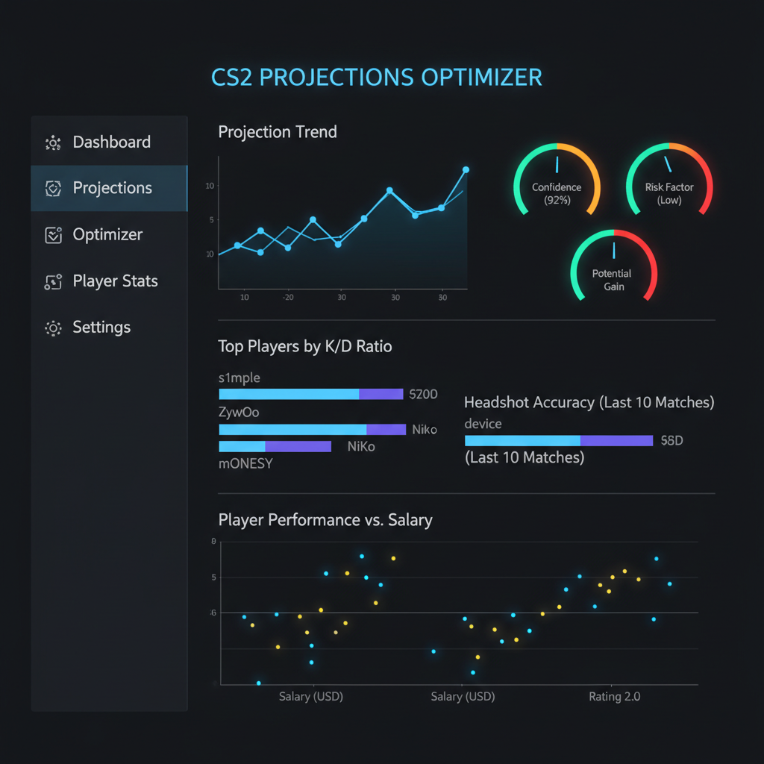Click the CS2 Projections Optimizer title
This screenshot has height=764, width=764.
tap(376, 78)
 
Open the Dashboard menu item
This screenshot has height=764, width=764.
tap(111, 142)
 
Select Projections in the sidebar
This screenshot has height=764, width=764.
tap(112, 188)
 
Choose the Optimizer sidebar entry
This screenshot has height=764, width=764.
tap(107, 234)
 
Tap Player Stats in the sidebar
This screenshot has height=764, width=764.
tap(115, 281)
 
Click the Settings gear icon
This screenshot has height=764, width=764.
tap(53, 328)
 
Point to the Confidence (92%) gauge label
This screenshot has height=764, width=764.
tap(557, 194)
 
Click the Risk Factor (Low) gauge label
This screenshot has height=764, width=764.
tap(669, 194)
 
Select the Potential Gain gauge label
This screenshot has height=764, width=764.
tap(612, 280)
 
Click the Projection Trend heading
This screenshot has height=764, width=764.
tap(278, 132)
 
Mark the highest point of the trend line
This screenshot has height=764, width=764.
tap(466, 169)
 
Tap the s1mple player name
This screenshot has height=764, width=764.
tap(239, 378)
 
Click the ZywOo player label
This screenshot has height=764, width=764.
tap(239, 412)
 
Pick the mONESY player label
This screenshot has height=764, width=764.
tap(245, 463)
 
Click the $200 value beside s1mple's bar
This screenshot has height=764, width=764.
tap(424, 394)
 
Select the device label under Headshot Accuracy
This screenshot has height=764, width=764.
tap(483, 424)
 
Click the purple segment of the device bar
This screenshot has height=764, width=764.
tap(616, 441)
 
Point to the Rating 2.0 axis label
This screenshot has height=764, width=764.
tap(614, 697)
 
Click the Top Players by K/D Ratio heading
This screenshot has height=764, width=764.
tap(304, 346)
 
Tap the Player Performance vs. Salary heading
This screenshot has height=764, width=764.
tap(325, 519)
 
